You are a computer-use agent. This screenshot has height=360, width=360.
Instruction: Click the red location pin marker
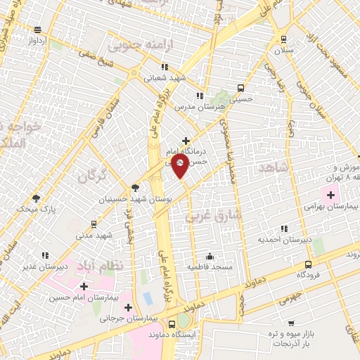[x=181, y=166]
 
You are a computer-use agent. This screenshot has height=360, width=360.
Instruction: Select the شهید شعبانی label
[x=160, y=78]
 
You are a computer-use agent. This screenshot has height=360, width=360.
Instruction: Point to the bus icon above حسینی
[x=241, y=89]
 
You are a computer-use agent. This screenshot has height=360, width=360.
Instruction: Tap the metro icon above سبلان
[x=283, y=40]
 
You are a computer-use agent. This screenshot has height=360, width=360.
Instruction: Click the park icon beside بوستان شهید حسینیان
[x=135, y=188]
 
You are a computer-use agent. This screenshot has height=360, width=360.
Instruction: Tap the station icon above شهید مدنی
[x=94, y=225]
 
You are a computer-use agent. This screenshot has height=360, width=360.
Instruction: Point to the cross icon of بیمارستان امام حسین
[x=84, y=286]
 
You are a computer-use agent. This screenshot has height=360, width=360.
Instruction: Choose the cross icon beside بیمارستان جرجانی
[x=127, y=308]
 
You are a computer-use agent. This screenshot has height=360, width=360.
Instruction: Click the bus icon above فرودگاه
[x=307, y=266]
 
